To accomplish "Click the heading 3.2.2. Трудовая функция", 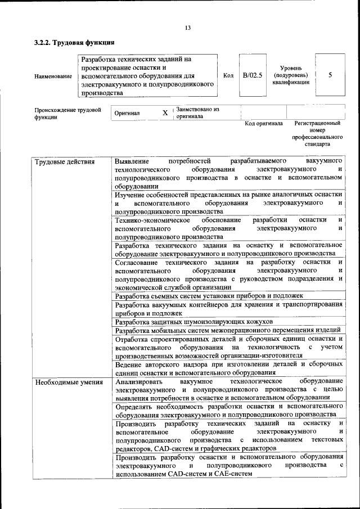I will (74, 42).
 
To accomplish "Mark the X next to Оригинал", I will (165, 113).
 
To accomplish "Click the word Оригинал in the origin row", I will (127, 113).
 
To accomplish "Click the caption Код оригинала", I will (264, 124).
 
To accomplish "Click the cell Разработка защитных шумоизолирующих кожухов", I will (193, 322).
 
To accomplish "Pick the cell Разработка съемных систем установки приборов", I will (209, 295).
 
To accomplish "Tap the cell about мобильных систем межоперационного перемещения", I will (227, 330).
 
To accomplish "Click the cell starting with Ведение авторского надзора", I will (228, 369).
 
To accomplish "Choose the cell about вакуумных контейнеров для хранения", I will (228, 308).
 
